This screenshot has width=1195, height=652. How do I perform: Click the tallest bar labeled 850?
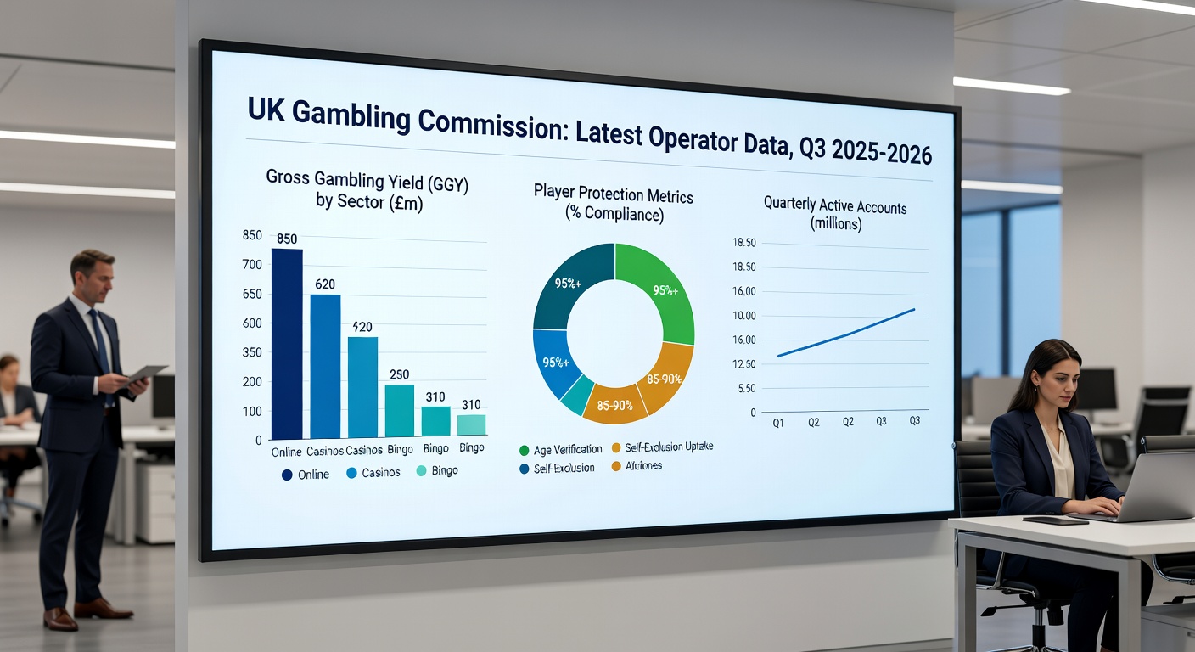tap(287, 343)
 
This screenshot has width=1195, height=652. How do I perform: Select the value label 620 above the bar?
tap(325, 284)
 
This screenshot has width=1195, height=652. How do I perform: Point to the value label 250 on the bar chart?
tap(399, 374)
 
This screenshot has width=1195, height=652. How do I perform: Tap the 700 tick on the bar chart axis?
tap(252, 265)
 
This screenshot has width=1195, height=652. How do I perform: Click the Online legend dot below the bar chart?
tap(287, 475)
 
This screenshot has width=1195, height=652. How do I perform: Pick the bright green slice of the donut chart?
tap(657, 289)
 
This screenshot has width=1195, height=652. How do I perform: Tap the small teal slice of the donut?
tap(578, 396)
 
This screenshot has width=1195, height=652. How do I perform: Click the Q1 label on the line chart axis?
tap(777, 422)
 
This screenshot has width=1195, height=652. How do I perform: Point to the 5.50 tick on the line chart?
tap(747, 388)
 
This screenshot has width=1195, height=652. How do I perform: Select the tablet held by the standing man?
tap(145, 374)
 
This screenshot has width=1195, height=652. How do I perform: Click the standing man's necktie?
tap(101, 340)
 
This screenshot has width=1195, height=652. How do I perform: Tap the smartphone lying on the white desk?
tap(1055, 520)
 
